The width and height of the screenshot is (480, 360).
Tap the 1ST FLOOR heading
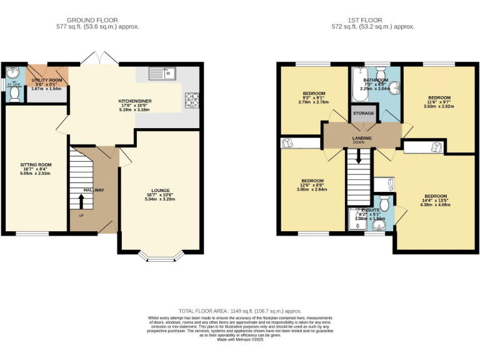[373, 20]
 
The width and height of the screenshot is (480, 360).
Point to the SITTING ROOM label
[35, 165]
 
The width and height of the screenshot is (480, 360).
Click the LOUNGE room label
[160, 191]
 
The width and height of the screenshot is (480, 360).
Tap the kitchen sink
[164, 74]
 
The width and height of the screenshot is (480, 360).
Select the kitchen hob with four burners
[191, 99]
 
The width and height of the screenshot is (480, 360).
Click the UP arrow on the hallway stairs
[81, 202]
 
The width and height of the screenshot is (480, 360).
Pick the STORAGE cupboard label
[363, 113]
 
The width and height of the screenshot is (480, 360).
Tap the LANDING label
[362, 138]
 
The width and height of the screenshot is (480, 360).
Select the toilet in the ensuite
[384, 202]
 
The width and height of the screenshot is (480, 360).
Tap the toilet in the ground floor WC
[14, 93]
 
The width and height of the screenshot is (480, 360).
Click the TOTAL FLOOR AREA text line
[240, 311]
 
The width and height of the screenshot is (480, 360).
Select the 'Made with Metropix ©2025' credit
[240, 339]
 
